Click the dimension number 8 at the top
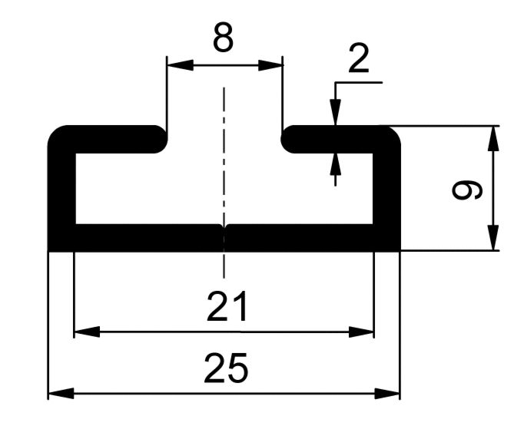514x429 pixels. (224, 38)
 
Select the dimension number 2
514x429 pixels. (359, 58)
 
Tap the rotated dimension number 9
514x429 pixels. (467, 190)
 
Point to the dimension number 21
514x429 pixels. (227, 306)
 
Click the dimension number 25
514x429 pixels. (226, 368)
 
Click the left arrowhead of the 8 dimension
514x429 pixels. (180, 65)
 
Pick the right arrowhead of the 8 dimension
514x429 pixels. (270, 65)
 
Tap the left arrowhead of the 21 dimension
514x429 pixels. (87, 332)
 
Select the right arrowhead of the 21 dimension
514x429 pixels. (361, 332)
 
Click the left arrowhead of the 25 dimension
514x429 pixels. (61, 393)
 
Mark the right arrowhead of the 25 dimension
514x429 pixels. (387, 393)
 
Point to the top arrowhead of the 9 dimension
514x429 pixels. (493, 138)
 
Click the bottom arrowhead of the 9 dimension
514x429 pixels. (493, 238)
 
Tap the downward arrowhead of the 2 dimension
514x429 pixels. (335, 112)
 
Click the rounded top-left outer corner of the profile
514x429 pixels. (55, 133)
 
